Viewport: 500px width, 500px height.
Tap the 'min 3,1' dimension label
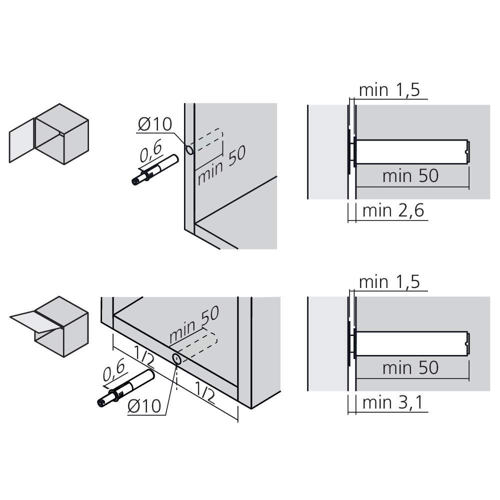392,402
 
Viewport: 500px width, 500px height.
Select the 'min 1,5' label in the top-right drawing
389,90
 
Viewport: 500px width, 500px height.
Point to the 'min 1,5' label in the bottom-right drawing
389,282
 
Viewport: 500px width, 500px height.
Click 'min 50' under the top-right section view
410,176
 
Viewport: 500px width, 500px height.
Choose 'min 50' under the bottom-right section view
410,368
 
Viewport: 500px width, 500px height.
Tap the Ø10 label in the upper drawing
155,124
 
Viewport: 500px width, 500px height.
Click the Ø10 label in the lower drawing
144,406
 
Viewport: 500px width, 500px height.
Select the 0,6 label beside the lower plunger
114,370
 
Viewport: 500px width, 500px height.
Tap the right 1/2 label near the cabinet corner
204,392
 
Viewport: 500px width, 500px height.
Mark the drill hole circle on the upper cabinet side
189,149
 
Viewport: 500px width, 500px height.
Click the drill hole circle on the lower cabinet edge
176,359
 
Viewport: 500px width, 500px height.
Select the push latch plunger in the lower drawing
126,388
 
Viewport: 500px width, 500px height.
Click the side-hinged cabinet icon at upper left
49,134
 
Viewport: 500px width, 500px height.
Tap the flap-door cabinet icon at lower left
49,326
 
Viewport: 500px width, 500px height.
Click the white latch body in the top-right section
411,152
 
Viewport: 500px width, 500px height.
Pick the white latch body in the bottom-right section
411,344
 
